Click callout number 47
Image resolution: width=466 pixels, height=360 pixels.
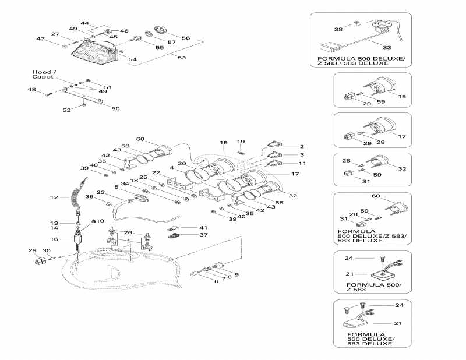pyautogui.click(x=41, y=39)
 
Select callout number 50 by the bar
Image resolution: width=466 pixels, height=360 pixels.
pyautogui.click(x=115, y=109)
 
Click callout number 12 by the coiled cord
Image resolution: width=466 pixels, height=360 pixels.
pyautogui.click(x=54, y=197)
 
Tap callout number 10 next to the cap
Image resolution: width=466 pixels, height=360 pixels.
pyautogui.click(x=100, y=221)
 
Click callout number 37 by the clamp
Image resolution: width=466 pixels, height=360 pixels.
pyautogui.click(x=203, y=235)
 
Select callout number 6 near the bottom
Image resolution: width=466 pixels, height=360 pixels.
pyautogui.click(x=216, y=281)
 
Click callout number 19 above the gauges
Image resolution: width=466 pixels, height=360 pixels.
pyautogui.click(x=241, y=142)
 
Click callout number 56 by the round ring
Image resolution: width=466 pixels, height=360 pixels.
pyautogui.click(x=186, y=38)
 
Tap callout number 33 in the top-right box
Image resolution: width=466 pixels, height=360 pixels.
pyautogui.click(x=387, y=47)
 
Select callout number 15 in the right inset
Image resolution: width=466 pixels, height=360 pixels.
pyautogui.click(x=401, y=96)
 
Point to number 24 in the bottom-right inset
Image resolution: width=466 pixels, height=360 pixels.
pyautogui.click(x=400, y=305)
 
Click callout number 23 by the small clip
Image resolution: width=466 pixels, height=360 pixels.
pyautogui.click(x=100, y=192)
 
